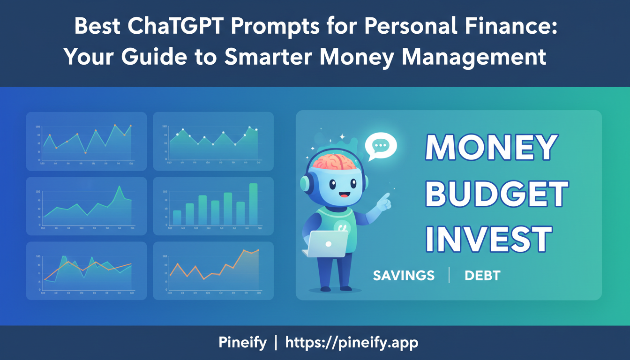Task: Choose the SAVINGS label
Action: click(404, 276)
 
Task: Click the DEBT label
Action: click(482, 276)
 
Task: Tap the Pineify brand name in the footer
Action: click(242, 343)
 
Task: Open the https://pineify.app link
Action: click(352, 343)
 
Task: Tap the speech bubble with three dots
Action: click(381, 146)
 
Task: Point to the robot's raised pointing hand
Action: click(384, 201)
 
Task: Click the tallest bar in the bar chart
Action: click(253, 204)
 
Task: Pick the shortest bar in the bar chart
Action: click(177, 217)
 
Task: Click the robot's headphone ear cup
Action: click(304, 183)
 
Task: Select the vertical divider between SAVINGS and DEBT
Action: click(449, 275)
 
